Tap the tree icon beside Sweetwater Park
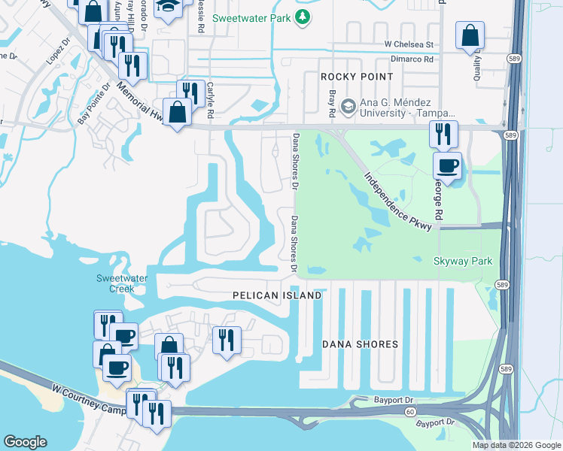click(x=302, y=17)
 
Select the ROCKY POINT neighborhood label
click(x=356, y=77)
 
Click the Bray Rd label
click(x=332, y=104)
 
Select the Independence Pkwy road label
click(x=399, y=202)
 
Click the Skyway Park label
click(x=463, y=261)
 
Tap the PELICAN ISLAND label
click(x=277, y=295)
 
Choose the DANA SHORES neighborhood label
click(x=360, y=344)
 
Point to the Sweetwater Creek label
click(x=122, y=283)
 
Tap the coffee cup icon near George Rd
click(x=449, y=165)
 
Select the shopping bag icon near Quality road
click(x=470, y=35)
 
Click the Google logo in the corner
click(x=25, y=442)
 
